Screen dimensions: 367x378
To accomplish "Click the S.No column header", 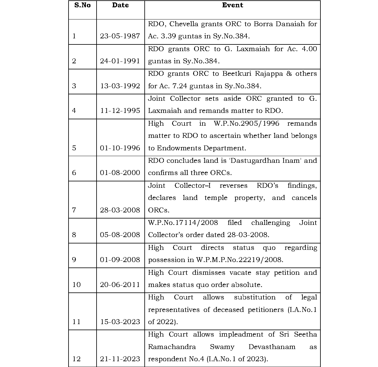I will click(x=82, y=5).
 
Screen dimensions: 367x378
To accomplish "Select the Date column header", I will click(x=120, y=5).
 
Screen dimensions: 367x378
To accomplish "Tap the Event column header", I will click(x=232, y=5).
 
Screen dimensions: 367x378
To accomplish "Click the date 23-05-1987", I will click(x=120, y=36).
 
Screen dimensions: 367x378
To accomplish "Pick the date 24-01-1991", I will click(x=120, y=61).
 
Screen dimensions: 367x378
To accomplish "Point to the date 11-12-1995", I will click(x=120, y=110).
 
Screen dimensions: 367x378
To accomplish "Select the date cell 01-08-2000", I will click(x=120, y=173).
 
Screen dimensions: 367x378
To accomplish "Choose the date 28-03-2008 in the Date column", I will click(x=120, y=210).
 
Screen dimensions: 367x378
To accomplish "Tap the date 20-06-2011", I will click(x=120, y=285).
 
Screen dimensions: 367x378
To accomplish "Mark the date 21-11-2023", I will click(x=120, y=359).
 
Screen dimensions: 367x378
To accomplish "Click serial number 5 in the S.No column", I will click(x=74, y=148).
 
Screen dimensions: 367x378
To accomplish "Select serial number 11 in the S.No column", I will click(x=76, y=322).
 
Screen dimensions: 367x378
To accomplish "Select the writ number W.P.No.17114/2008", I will click(x=183, y=222).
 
